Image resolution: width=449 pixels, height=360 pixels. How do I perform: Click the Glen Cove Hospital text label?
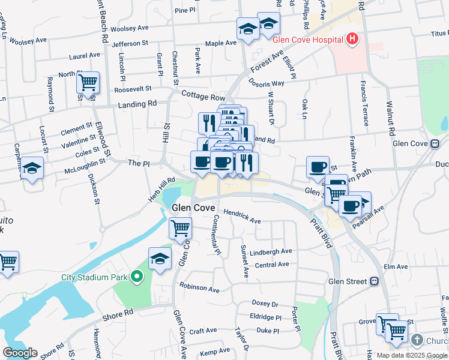coord(307,40)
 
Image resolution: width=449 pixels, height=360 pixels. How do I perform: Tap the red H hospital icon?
coord(352,40)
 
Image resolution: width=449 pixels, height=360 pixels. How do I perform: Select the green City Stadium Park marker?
coord(137,277)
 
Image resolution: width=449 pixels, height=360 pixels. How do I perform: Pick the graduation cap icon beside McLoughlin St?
coord(32,169)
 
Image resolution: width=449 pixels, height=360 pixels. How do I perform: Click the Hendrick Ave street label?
coord(242,217)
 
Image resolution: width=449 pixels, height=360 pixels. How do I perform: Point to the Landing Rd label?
coord(138,103)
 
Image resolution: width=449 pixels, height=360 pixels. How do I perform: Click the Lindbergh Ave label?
coord(271,251)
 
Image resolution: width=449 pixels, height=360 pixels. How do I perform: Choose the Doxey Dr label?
coord(265,304)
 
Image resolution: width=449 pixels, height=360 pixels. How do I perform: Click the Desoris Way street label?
coord(267,83)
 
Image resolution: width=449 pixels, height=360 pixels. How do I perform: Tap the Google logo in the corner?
coord(20,353)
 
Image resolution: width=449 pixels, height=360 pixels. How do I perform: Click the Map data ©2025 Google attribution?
coord(411,355)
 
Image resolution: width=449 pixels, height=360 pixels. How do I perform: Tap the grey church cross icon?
coord(417,341)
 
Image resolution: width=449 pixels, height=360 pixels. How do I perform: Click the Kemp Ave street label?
coord(215,351)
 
